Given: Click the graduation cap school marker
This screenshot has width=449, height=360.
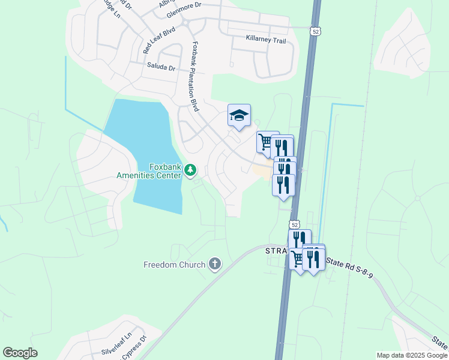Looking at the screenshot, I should pyautogui.click(x=239, y=115).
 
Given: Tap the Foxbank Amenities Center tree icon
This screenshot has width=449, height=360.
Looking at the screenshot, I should pyautogui.click(x=190, y=171).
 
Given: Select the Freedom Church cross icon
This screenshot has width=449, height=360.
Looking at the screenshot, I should pyautogui.click(x=214, y=264).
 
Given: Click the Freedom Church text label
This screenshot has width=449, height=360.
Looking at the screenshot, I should pyautogui.click(x=174, y=264).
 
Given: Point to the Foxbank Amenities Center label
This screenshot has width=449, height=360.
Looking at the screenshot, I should pyautogui.click(x=149, y=171).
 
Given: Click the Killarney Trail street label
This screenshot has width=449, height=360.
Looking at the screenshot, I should pyautogui.click(x=266, y=38).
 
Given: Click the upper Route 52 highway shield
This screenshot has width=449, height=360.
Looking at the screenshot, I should pyautogui.click(x=315, y=31).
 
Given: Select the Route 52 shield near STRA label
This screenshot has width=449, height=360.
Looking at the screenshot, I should pyautogui.click(x=294, y=224).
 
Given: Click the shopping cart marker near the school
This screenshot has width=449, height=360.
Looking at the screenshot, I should pyautogui.click(x=266, y=142).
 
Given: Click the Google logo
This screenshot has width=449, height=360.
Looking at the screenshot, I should pyautogui.click(x=20, y=353).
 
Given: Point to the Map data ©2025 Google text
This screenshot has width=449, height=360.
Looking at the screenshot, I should pyautogui.click(x=411, y=355).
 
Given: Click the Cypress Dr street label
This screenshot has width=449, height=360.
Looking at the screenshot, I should pyautogui.click(x=135, y=347).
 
